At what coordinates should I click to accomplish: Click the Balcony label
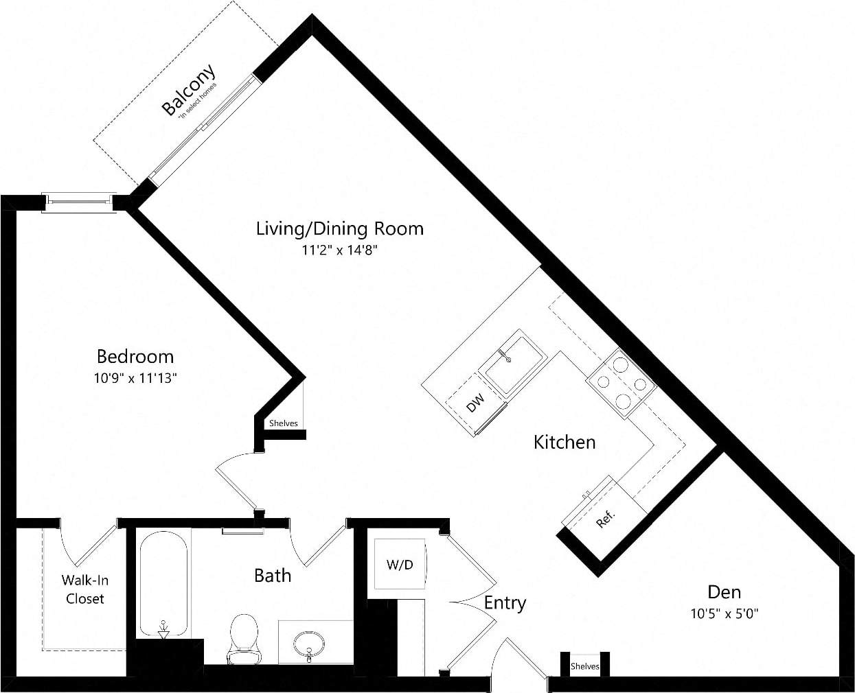[x=187, y=90]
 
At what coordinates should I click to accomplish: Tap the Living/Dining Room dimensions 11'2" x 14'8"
[x=340, y=250]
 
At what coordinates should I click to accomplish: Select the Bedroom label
[x=135, y=356]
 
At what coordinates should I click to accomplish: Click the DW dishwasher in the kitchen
[x=475, y=403]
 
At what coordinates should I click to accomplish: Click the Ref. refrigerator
[x=604, y=516]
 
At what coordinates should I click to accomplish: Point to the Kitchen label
[x=565, y=442]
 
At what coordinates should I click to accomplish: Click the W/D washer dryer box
[x=400, y=565]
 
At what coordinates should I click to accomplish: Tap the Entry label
[x=505, y=603]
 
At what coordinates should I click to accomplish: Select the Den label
[x=724, y=591]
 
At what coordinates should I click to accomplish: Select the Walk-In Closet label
[x=85, y=589]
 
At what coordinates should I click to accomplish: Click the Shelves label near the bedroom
[x=283, y=423]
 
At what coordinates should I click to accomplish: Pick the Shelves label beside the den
[x=584, y=666]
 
